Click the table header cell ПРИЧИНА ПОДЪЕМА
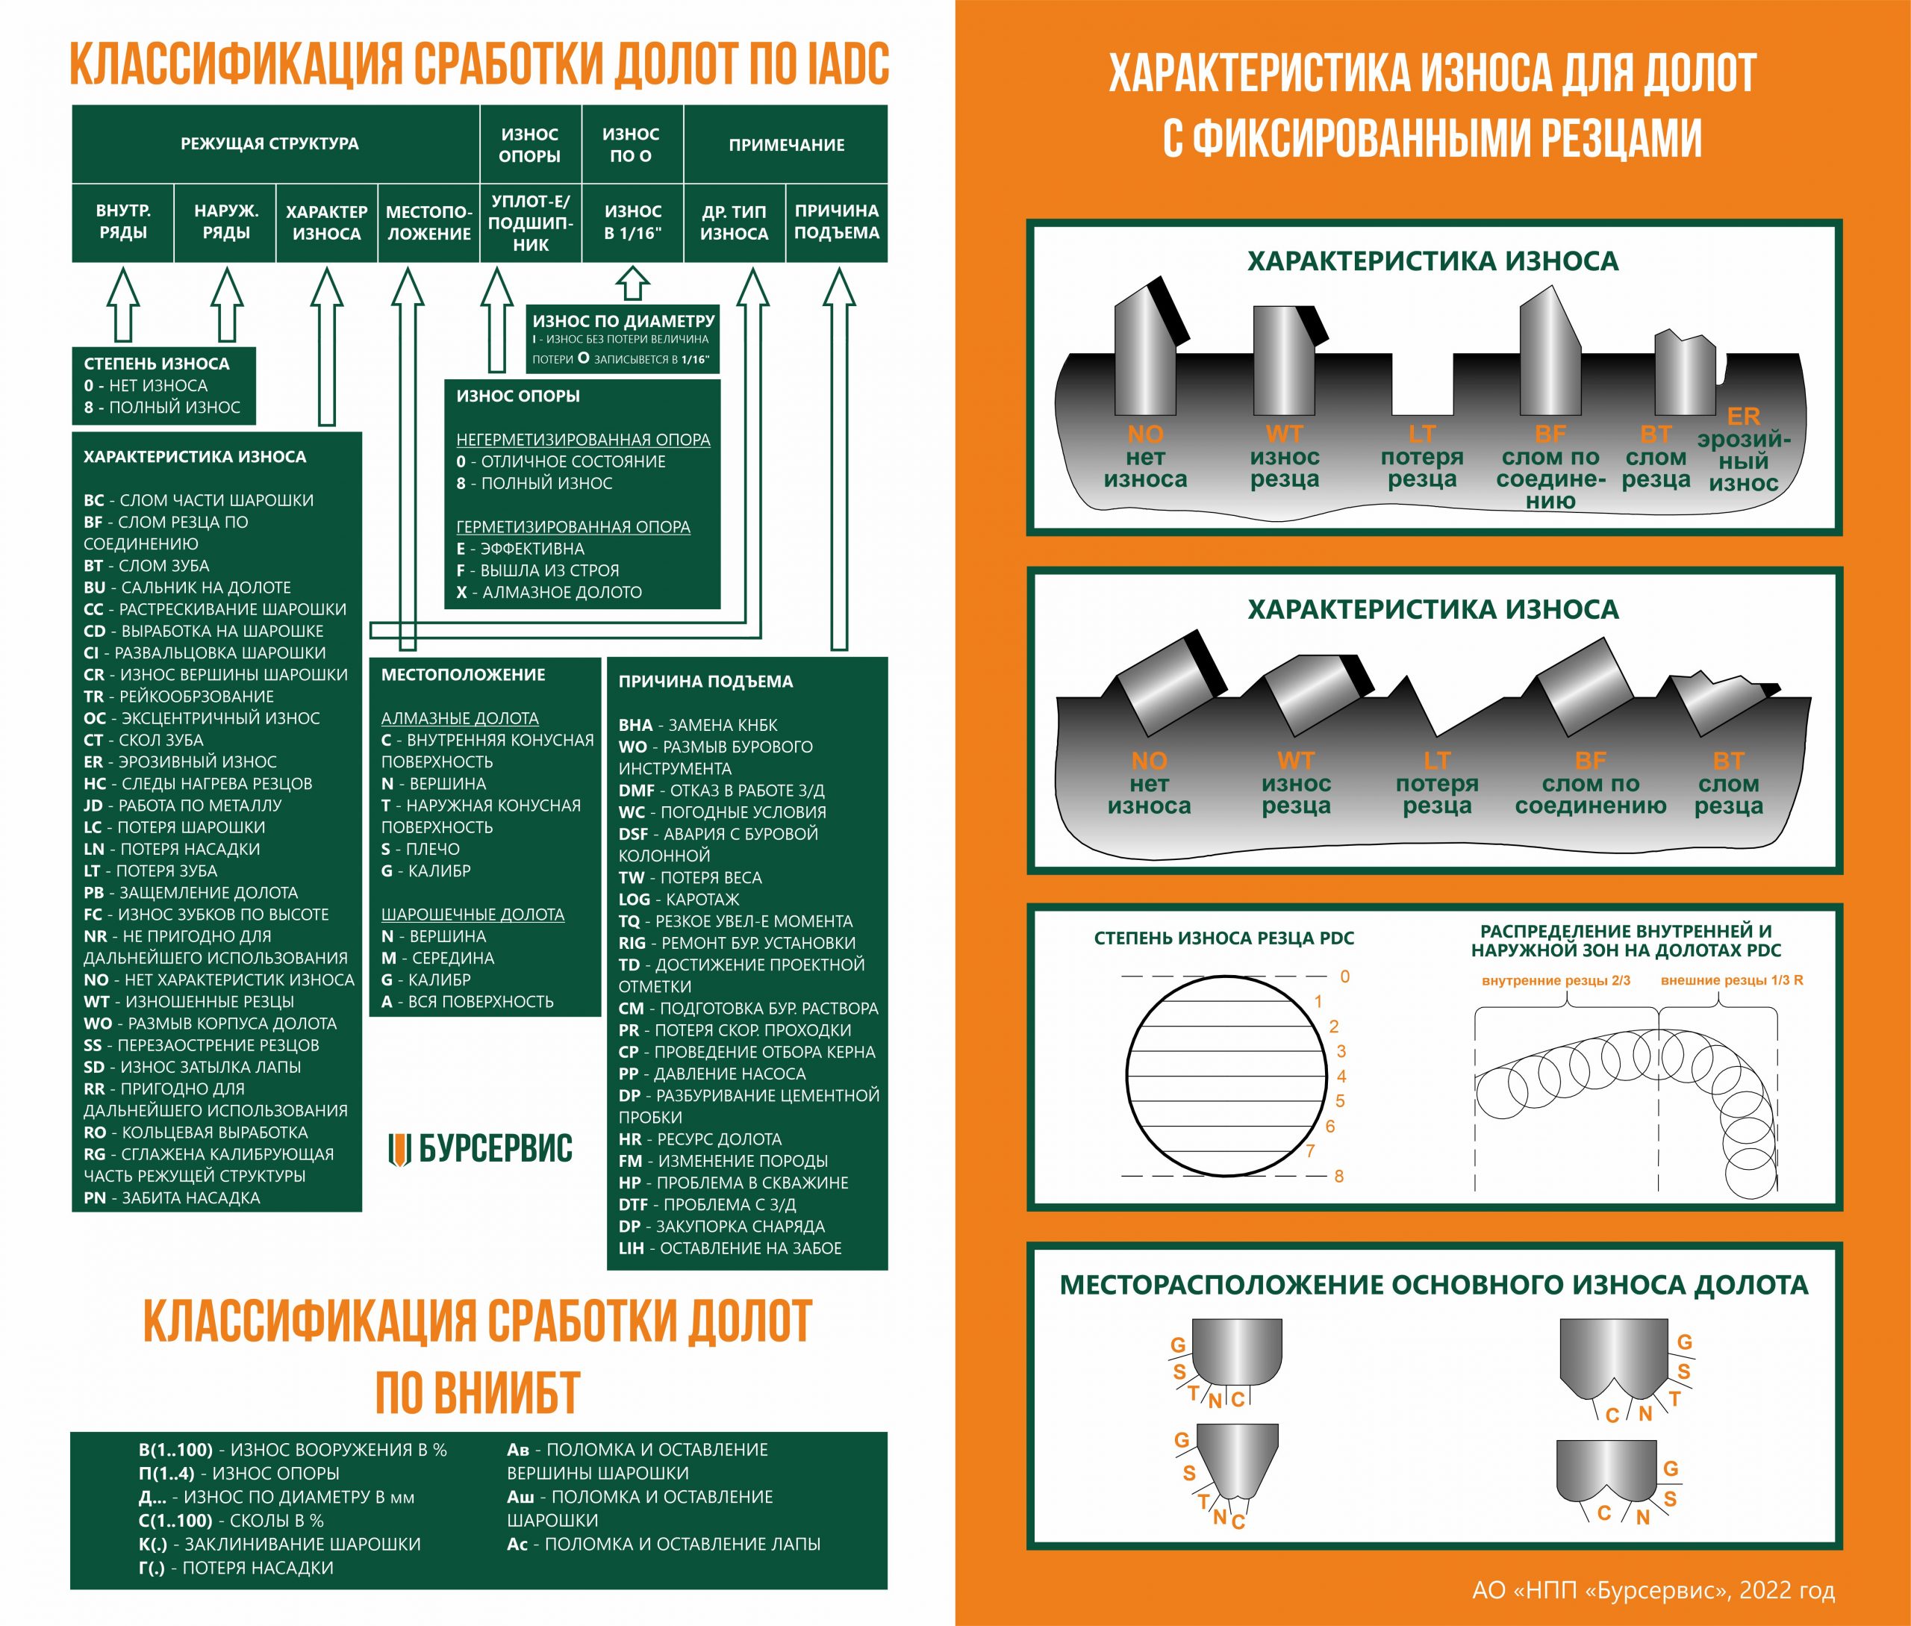836,222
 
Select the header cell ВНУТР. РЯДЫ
122,222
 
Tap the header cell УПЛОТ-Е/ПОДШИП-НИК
530,223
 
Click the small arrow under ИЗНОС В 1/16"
632,283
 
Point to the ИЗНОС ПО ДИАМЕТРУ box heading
623,321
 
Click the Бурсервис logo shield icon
398,1150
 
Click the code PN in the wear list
94,1198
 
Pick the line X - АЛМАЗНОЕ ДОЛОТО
549,593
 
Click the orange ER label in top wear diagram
1742,417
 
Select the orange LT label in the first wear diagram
1421,433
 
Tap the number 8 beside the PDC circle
1338,1176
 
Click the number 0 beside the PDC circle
1345,976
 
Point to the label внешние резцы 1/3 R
1731,979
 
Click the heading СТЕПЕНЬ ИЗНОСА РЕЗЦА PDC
1223,938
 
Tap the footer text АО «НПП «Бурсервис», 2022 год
1653,1589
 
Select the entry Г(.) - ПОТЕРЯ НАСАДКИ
235,1568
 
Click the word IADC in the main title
847,64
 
